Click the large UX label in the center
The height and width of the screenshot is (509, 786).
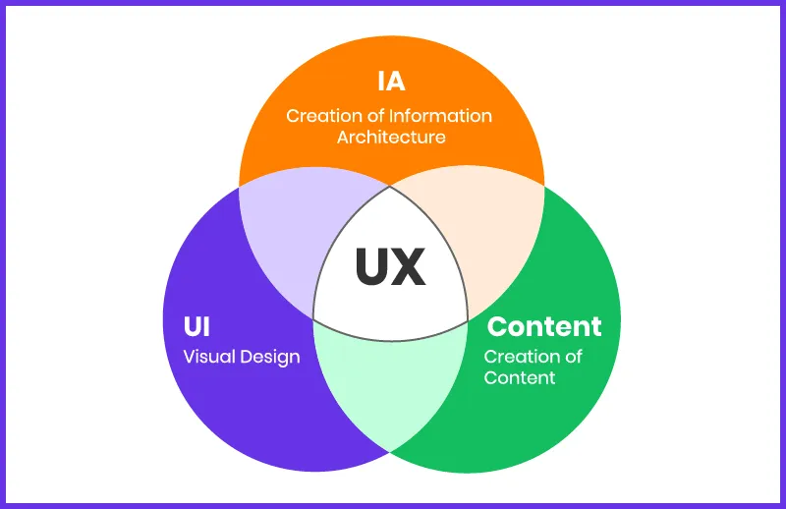(x=390, y=266)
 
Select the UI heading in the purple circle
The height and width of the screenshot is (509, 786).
(x=196, y=326)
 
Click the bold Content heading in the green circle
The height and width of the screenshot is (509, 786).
(x=544, y=326)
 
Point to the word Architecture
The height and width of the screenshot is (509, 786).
(x=391, y=137)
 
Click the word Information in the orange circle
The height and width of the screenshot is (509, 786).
(x=439, y=116)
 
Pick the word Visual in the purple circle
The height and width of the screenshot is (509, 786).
(x=208, y=357)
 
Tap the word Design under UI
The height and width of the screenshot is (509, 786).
(x=268, y=357)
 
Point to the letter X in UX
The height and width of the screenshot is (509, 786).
(x=410, y=266)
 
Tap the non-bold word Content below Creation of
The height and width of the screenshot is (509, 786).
(x=520, y=377)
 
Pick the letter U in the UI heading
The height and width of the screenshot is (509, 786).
(x=191, y=326)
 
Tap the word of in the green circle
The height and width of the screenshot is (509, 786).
(x=570, y=356)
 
